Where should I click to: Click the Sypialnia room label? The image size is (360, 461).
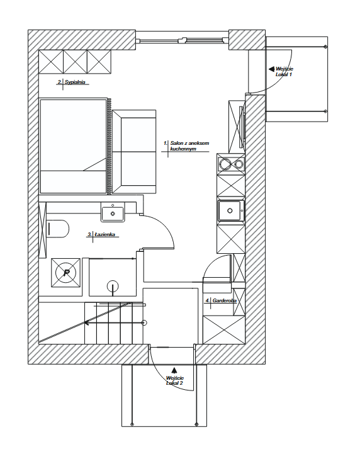72,82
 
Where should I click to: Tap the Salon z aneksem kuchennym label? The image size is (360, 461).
187,146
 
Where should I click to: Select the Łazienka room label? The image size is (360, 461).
101,235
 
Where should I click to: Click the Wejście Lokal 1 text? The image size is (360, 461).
284,71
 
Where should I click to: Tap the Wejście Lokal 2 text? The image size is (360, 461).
175,381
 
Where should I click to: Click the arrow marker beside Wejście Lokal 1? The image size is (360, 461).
271,69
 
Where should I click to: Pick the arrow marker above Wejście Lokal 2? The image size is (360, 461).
174,370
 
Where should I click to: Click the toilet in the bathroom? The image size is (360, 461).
58,228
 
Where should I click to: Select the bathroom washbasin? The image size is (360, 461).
113,213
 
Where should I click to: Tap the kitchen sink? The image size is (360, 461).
231,210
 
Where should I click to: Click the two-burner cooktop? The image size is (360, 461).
231,164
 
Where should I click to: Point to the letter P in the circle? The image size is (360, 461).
66,273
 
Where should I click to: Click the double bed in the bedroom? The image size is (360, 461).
73,146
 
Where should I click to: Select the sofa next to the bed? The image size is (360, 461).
134,152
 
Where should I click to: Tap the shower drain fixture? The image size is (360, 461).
113,286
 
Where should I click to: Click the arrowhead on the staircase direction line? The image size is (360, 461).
87,323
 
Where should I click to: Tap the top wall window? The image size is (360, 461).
183,40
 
